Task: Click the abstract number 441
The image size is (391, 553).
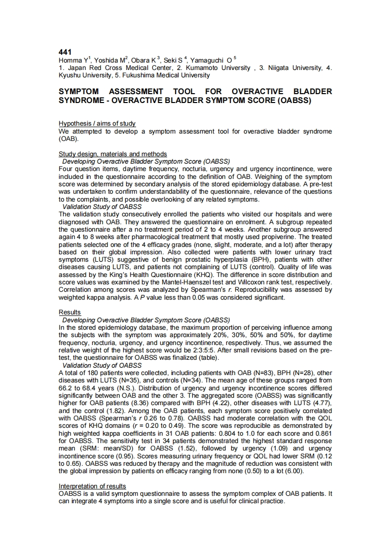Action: [x=65, y=52]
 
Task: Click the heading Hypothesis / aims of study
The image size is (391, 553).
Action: [x=97, y=123]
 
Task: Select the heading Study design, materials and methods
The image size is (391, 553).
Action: [x=113, y=154]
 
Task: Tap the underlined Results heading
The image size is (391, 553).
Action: [x=70, y=312]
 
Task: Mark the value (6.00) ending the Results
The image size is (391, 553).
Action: [x=290, y=471]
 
